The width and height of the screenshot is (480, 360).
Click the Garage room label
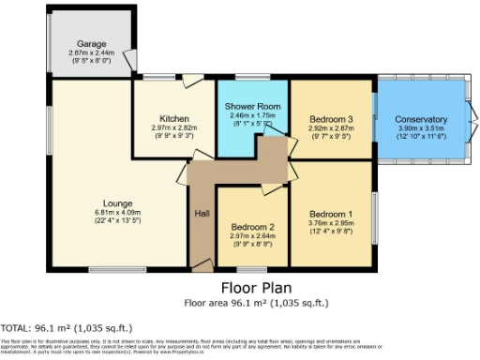pyautogui.click(x=92, y=44)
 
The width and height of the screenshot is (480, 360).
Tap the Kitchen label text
pyautogui.click(x=174, y=119)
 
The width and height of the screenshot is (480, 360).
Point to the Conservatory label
pyautogui.click(x=420, y=119)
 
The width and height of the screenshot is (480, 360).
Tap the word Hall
pyautogui.click(x=202, y=214)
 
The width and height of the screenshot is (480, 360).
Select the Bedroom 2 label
pyautogui.click(x=252, y=227)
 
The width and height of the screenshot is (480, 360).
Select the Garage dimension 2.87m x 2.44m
pyautogui.click(x=92, y=53)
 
